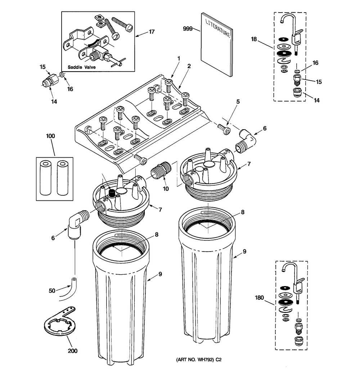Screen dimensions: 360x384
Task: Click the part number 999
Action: [188, 29]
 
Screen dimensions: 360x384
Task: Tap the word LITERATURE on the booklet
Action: [218, 28]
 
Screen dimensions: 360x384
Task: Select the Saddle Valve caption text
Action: [82, 67]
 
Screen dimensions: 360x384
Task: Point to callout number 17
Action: [152, 32]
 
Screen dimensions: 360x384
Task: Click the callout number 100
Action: [50, 136]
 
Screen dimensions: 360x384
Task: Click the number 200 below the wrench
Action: [73, 351]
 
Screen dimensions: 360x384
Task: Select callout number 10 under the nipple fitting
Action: [166, 189]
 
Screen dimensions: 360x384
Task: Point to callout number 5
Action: [238, 101]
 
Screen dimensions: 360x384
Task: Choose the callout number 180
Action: [259, 298]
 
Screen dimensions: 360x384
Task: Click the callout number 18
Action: [254, 39]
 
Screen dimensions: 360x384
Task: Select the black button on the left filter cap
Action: [112, 193]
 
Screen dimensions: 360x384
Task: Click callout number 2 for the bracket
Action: [189, 66]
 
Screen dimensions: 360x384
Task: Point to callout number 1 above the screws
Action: [179, 59]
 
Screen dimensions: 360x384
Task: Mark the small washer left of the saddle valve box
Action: [62, 74]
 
